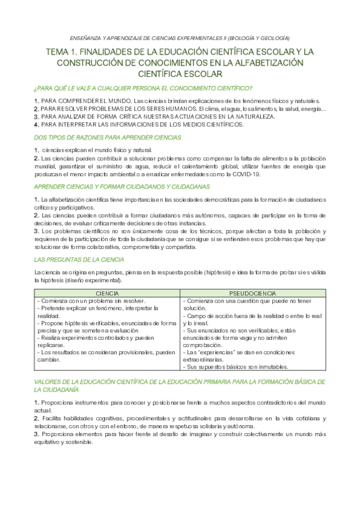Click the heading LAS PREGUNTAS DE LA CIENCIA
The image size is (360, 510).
(78, 259)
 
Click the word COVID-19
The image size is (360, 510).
(246, 174)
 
